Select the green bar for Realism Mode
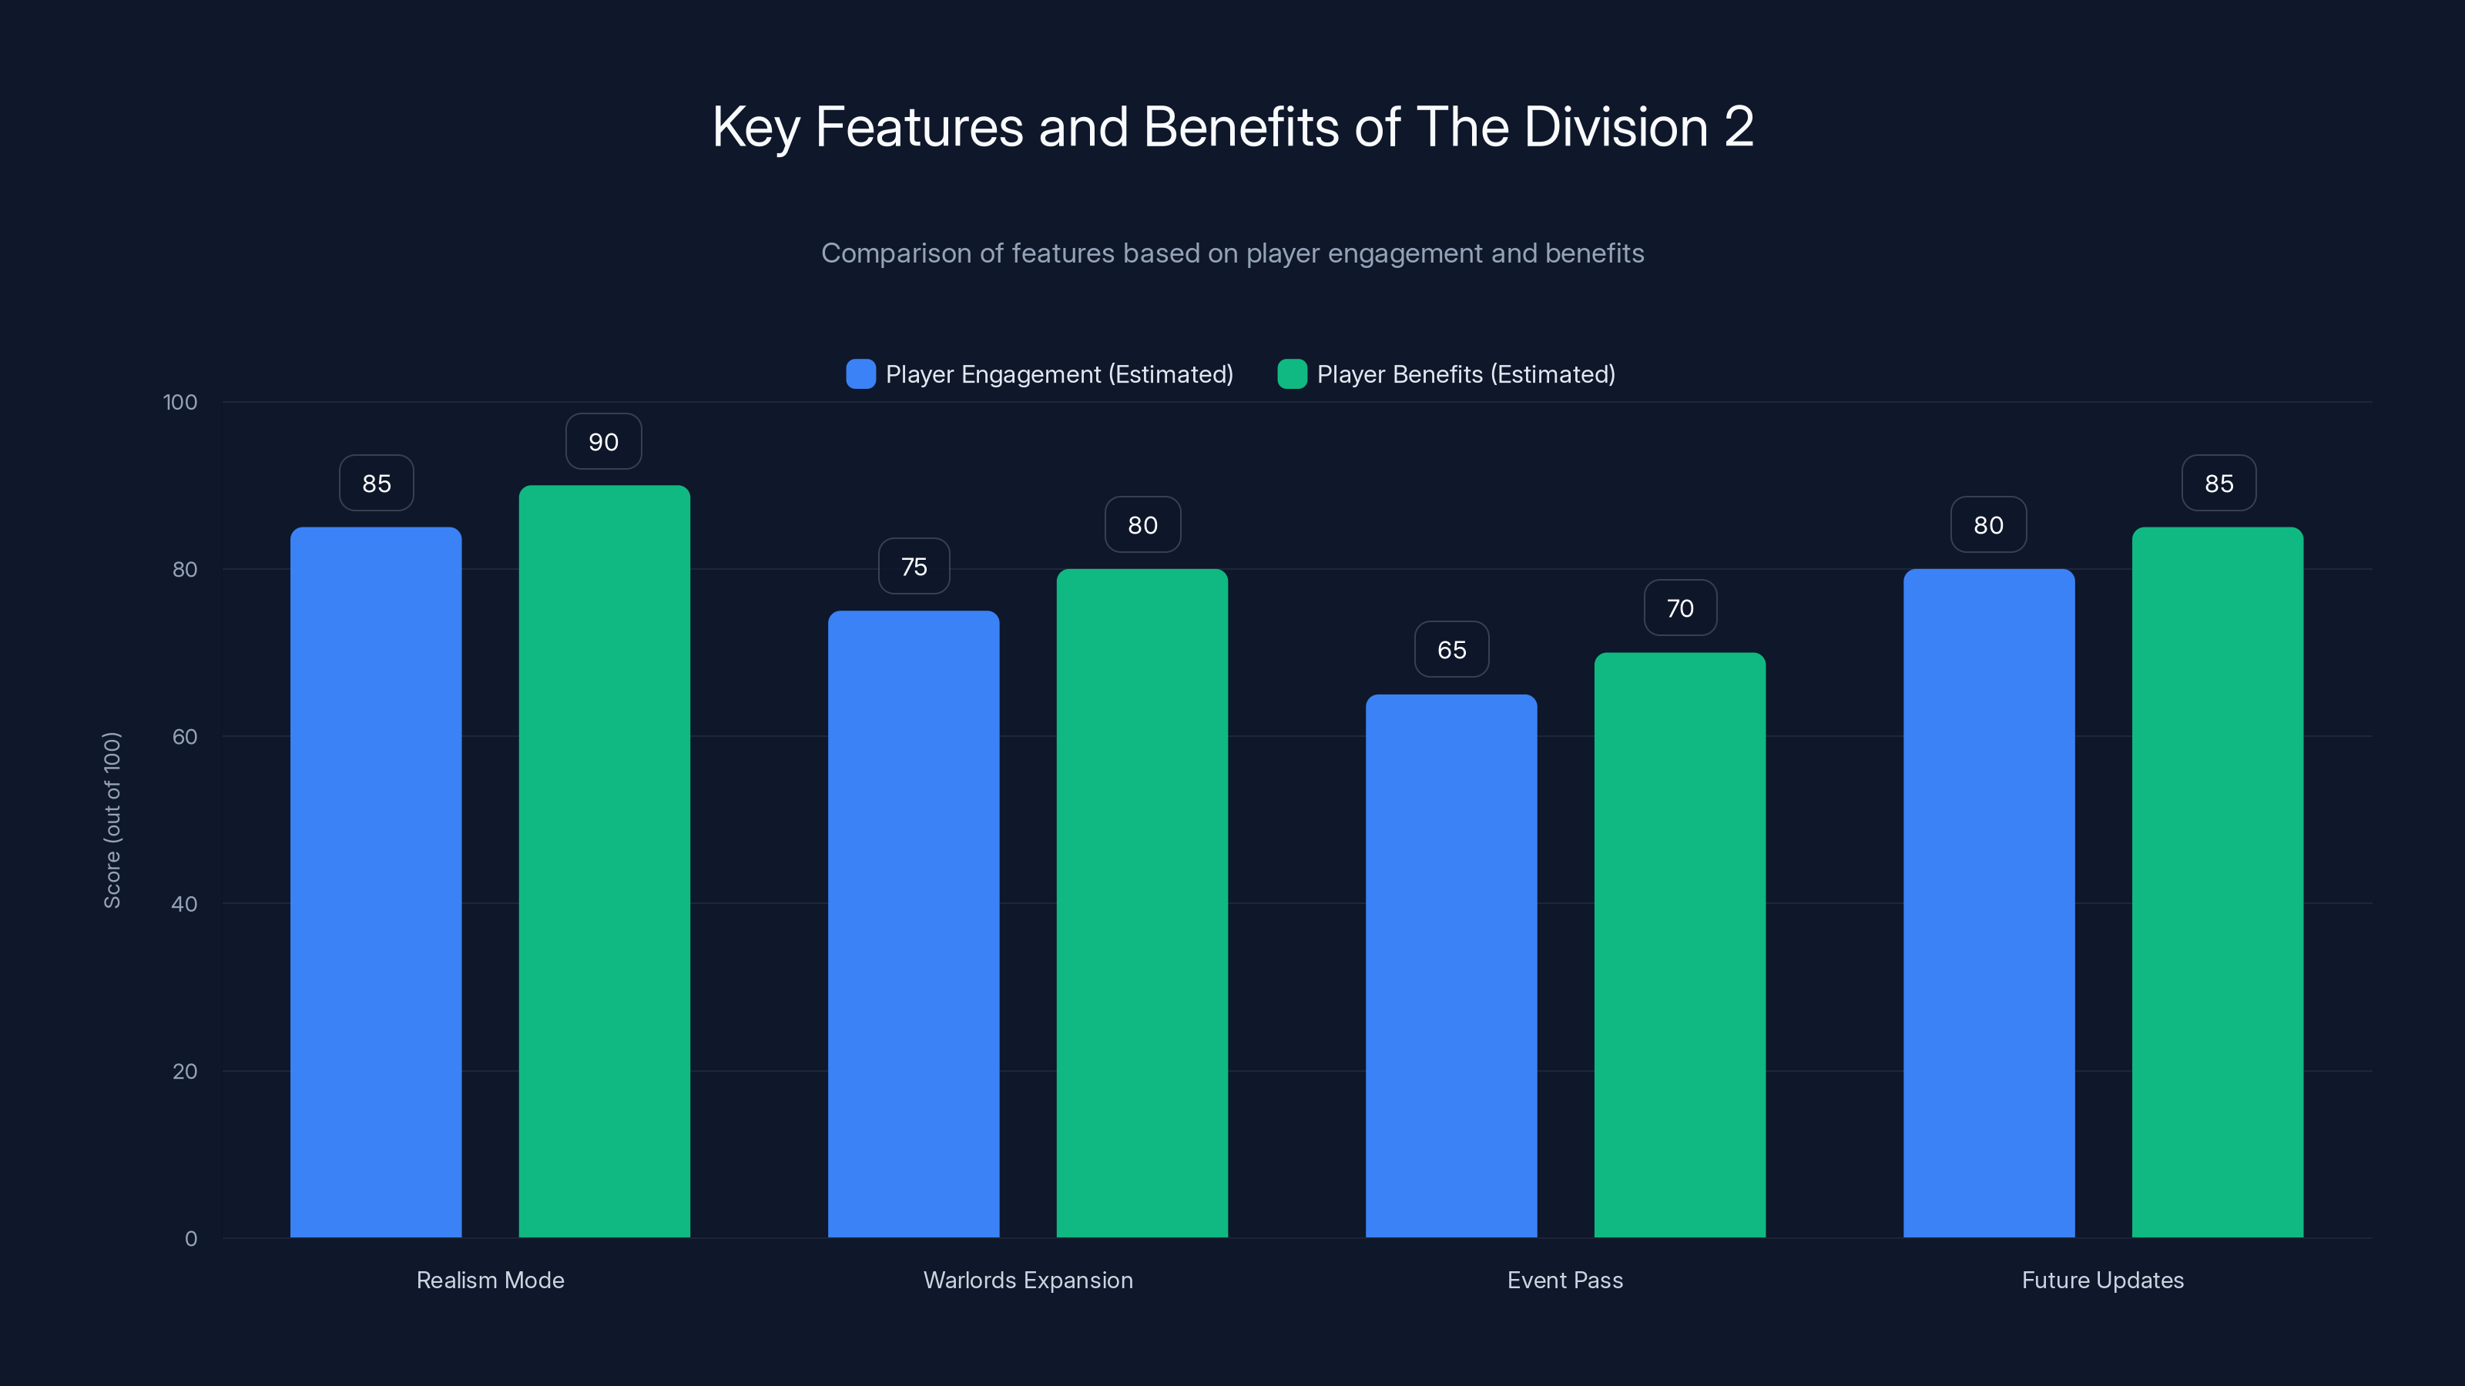(604, 861)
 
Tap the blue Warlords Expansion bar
(914, 924)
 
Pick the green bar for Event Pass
(1679, 945)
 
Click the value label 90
(604, 442)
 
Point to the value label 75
(914, 566)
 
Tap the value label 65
(1451, 649)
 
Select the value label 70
(1679, 608)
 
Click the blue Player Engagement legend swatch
(861, 374)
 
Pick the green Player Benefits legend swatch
(1292, 374)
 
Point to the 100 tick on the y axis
(180, 402)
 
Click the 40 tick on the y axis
(185, 904)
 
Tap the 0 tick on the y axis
(190, 1239)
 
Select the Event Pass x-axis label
(1565, 1280)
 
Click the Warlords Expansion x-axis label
(1028, 1280)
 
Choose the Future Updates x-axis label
(2102, 1280)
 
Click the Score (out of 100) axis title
(112, 820)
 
